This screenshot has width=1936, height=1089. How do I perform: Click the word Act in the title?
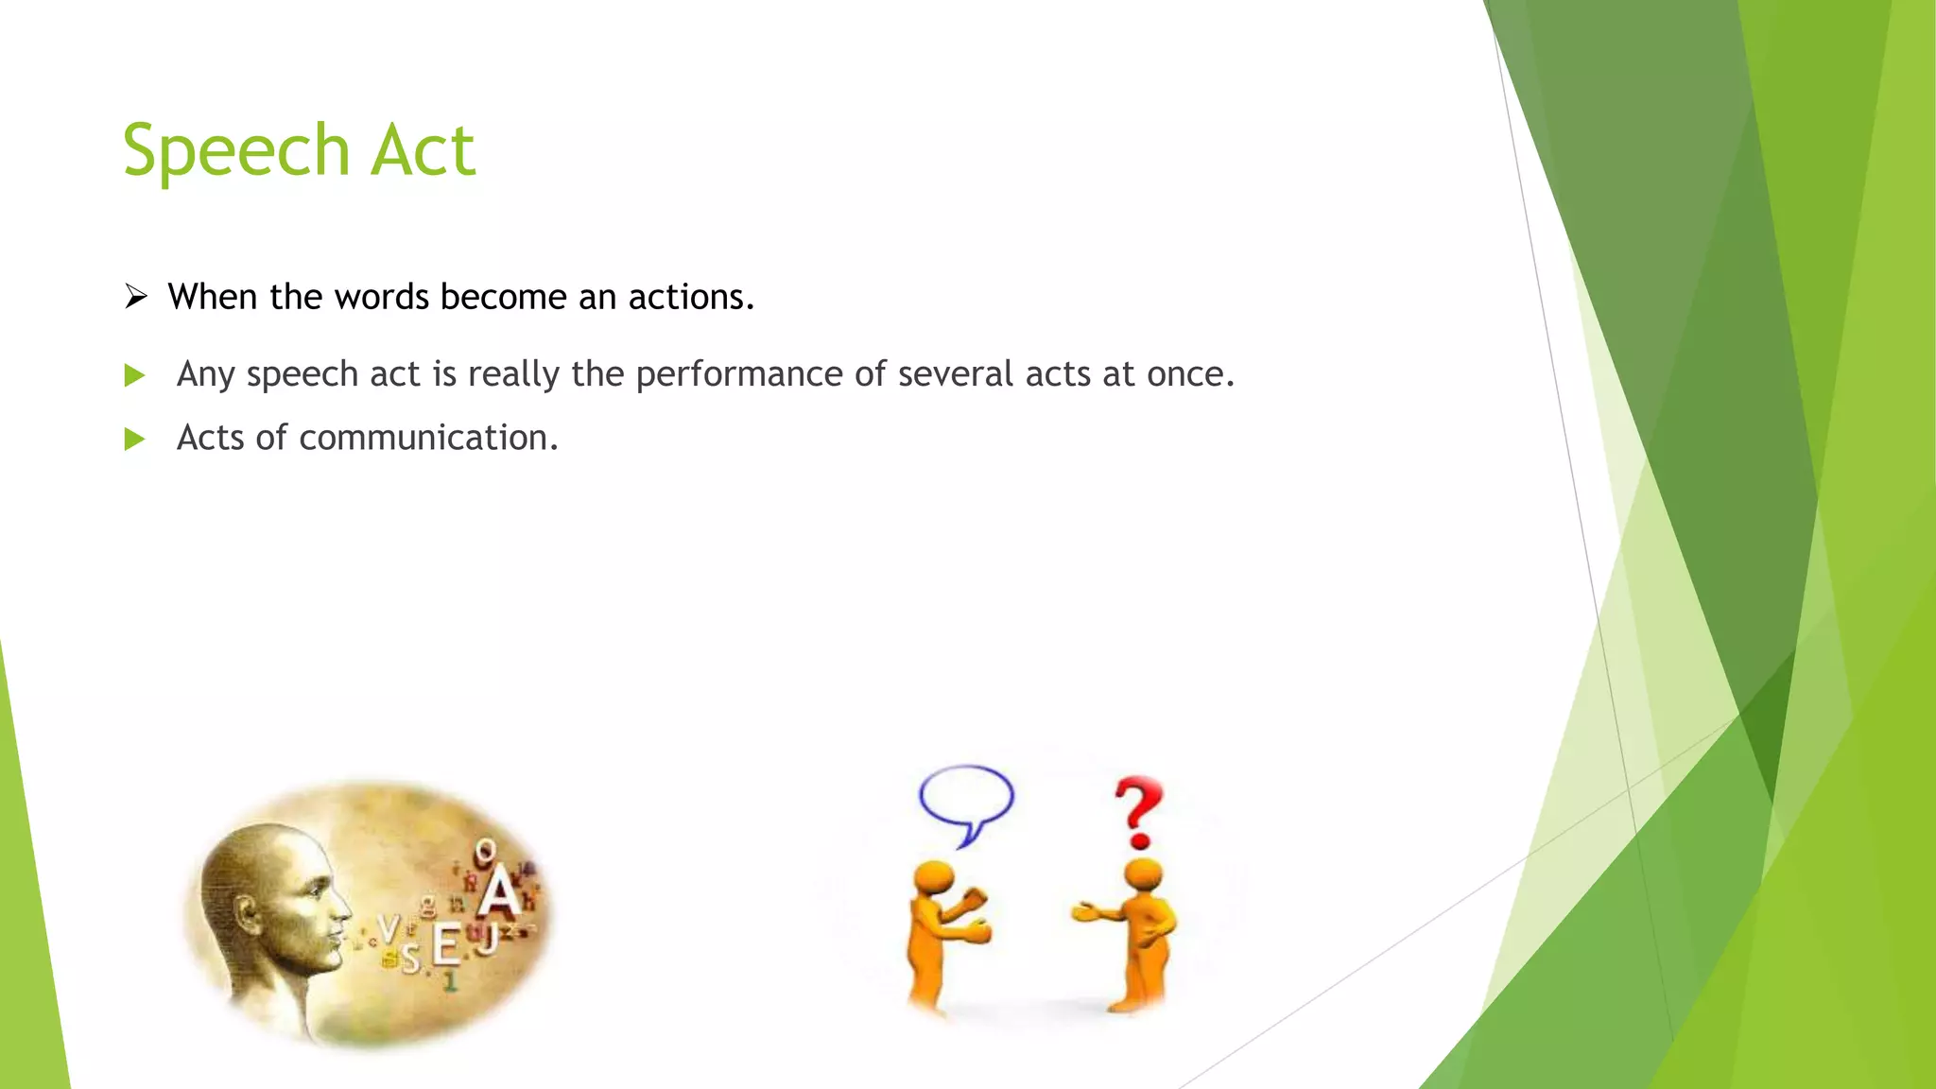(422, 151)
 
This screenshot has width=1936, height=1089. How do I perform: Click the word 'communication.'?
(428, 438)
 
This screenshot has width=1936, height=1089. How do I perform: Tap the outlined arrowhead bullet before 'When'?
(136, 297)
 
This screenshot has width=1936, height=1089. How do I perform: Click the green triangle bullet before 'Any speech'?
(134, 375)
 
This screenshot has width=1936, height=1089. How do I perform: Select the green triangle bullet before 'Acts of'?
(134, 439)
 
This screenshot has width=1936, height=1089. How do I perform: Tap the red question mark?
(1138, 811)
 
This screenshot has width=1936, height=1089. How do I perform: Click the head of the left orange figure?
(934, 877)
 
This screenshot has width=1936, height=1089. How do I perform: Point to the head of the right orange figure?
(1143, 874)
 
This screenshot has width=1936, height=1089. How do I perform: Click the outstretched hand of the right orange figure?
(1085, 912)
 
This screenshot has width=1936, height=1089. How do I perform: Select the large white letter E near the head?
(445, 945)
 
